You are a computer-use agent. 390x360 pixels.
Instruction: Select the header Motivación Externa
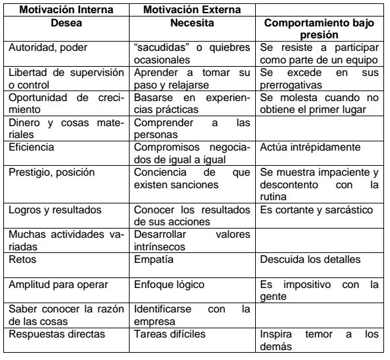192,9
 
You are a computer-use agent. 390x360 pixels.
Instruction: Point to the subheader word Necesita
191,22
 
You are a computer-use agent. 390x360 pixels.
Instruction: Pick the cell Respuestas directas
52,334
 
